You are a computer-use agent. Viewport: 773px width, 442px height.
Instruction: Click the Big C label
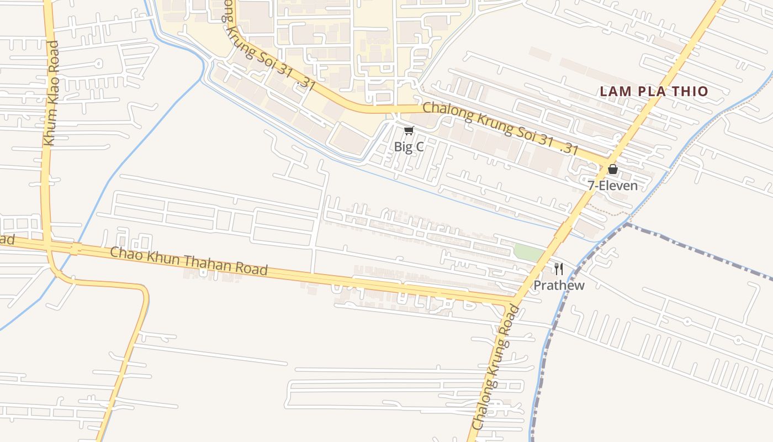(x=409, y=147)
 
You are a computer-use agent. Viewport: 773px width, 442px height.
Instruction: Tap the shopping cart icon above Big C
(x=409, y=131)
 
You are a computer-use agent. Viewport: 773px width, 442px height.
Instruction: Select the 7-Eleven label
(x=612, y=186)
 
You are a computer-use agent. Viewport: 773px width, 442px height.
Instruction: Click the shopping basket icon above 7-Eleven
(x=612, y=169)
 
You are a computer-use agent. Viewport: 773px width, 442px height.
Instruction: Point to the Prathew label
(x=559, y=286)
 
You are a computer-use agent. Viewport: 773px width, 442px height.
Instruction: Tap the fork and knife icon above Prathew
(x=559, y=269)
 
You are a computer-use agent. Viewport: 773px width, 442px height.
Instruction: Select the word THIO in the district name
(x=688, y=92)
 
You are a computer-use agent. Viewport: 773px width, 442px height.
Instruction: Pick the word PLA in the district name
(x=649, y=92)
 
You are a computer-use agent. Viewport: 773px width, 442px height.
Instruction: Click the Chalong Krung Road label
(x=497, y=367)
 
